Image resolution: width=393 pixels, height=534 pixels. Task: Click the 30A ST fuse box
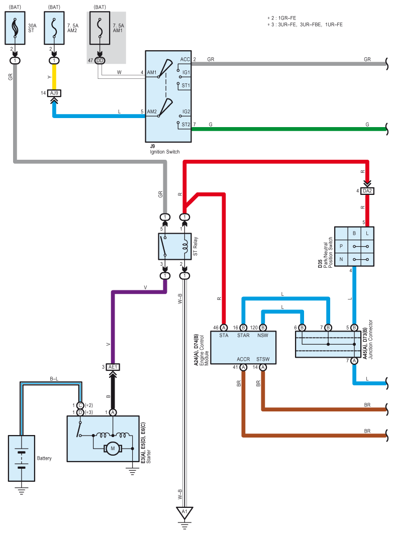tap(15, 28)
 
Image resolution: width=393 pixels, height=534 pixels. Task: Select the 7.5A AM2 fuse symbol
tap(54, 28)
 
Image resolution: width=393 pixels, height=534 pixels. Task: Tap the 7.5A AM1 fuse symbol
tap(100, 28)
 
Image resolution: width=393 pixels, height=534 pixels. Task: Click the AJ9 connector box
tap(54, 93)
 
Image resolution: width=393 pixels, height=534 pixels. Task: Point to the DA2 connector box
tap(367, 191)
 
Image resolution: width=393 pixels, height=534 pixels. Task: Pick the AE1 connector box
tap(113, 367)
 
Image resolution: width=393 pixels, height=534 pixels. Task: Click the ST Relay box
tap(175, 246)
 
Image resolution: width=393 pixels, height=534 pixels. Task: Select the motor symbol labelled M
tap(113, 448)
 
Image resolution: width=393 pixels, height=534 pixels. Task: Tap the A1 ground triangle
tap(184, 512)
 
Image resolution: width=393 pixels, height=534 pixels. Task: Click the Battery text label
tap(44, 458)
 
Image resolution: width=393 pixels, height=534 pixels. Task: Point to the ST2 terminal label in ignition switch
tap(185, 125)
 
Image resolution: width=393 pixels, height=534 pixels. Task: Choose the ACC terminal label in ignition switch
tap(185, 59)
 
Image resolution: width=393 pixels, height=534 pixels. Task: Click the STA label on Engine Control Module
tap(224, 336)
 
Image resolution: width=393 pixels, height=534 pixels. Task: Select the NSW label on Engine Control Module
tap(262, 336)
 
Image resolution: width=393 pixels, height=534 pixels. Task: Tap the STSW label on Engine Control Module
tap(263, 359)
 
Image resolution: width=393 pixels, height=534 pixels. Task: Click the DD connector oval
tap(100, 61)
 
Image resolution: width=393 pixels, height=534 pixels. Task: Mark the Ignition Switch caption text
tap(165, 152)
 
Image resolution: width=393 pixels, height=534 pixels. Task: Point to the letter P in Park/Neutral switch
tap(341, 246)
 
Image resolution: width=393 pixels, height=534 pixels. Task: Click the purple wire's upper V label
tap(145, 288)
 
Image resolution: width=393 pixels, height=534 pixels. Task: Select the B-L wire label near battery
tap(54, 379)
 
